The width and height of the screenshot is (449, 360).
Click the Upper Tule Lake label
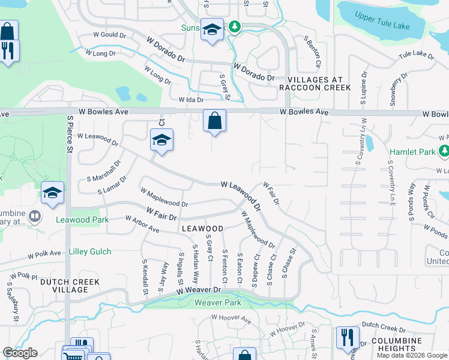click(x=382, y=18)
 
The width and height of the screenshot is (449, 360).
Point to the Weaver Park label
click(x=217, y=303)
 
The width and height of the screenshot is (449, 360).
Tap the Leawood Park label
click(x=82, y=220)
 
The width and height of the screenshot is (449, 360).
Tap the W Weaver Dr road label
click(x=199, y=290)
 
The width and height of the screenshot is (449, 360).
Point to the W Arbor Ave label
click(x=142, y=224)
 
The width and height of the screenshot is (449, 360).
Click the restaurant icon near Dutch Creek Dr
click(x=348, y=337)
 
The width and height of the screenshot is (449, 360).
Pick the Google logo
click(x=20, y=353)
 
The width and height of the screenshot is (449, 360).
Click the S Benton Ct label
click(x=312, y=52)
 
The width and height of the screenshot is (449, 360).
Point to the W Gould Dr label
click(x=109, y=35)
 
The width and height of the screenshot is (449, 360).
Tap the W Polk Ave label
click(x=45, y=254)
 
